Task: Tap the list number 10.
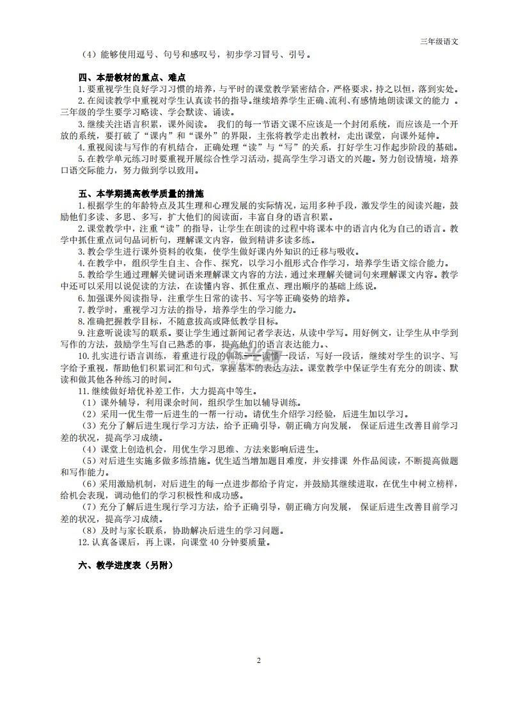pos(82,356)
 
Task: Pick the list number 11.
pos(82,391)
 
